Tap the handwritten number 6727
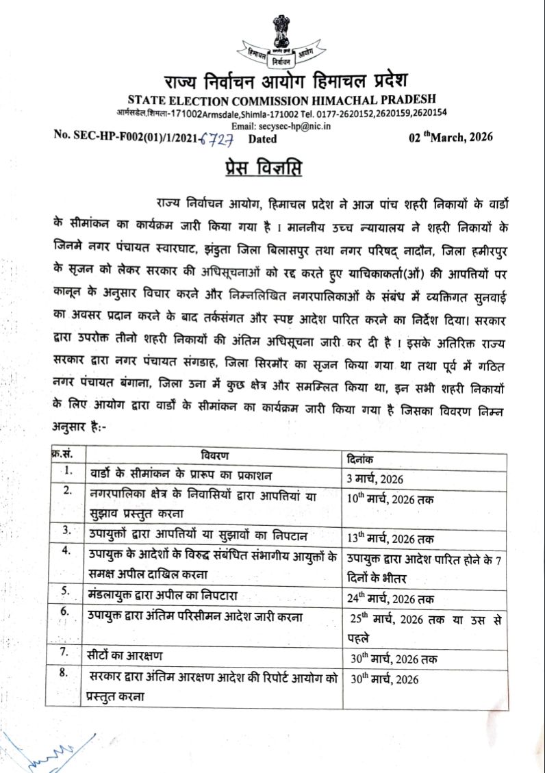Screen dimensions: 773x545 (x=218, y=139)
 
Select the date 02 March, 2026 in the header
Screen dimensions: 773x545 (x=451, y=137)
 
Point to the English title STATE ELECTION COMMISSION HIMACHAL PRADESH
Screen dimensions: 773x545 (x=272, y=100)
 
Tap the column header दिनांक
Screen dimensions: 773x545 (x=362, y=459)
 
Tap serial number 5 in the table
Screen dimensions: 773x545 (x=66, y=590)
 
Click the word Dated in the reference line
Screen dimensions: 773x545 (x=262, y=139)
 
